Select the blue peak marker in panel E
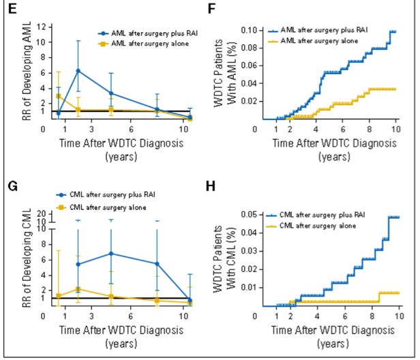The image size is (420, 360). [x=78, y=71]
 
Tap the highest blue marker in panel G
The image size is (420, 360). [x=111, y=254]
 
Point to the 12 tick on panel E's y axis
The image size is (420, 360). [x=42, y=27]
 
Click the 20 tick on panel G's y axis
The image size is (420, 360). [x=42, y=214]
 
